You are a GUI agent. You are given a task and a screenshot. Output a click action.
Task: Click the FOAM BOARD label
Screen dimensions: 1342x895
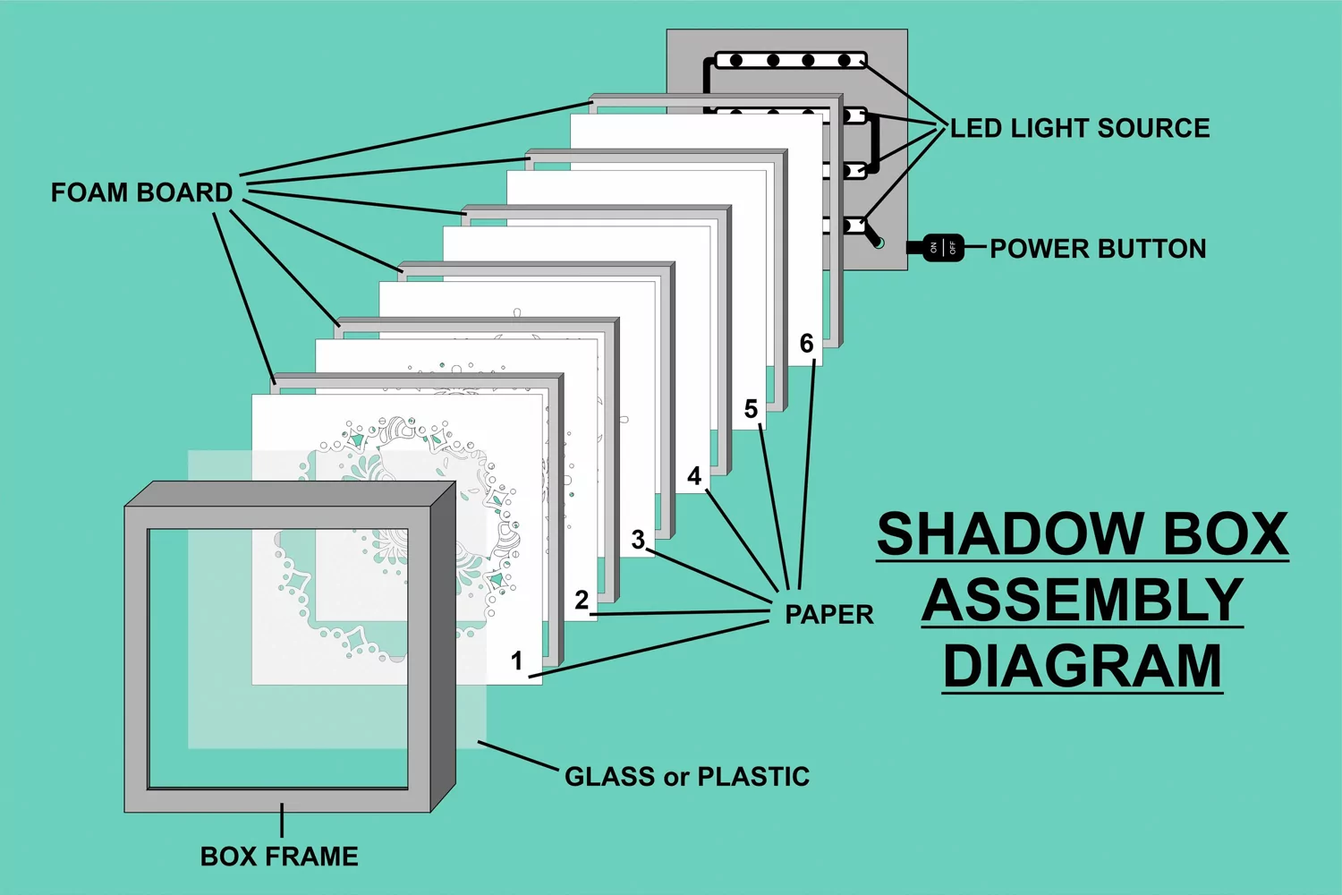pos(141,192)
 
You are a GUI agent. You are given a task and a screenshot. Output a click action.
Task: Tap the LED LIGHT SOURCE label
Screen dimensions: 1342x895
pos(1080,128)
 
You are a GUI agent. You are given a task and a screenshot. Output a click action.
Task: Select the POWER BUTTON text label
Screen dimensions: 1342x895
pos(1098,249)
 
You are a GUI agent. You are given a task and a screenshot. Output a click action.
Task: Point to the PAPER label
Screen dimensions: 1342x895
pos(829,615)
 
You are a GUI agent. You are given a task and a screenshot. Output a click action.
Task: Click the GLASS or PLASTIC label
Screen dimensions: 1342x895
pos(687,776)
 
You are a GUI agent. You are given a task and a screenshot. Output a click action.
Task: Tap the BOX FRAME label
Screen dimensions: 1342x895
pos(279,857)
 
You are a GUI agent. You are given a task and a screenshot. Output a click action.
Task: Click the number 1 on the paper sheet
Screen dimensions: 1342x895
pos(516,661)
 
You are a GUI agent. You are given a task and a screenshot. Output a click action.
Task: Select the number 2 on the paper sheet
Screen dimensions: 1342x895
pos(582,600)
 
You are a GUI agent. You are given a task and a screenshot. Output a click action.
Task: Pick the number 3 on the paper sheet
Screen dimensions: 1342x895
pos(638,540)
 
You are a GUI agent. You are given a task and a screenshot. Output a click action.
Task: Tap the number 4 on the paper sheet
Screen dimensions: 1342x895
pos(694,476)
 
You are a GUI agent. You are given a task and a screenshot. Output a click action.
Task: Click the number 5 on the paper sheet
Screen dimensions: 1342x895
pos(751,409)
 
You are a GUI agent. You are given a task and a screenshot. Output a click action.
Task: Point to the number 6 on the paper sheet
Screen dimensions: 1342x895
pos(806,344)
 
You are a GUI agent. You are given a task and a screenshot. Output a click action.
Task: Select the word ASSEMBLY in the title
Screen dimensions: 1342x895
pos(1082,600)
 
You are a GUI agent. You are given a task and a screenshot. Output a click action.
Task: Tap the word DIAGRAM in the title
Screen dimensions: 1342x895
pos(1082,666)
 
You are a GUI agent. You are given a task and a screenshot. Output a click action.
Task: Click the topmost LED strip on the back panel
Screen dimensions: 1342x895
pos(791,60)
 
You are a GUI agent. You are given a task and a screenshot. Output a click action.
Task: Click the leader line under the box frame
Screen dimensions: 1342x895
pos(282,820)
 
